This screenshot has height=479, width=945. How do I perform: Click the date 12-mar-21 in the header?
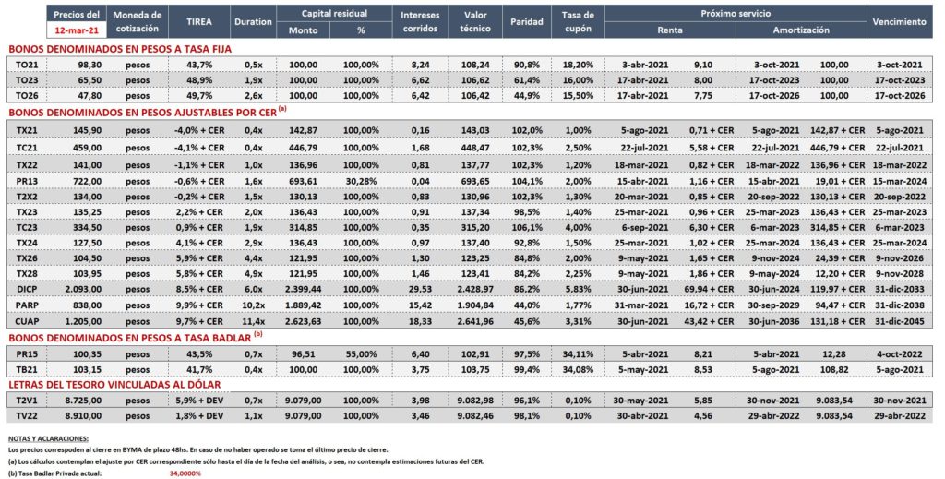tap(76, 29)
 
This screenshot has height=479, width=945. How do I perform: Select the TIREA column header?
tap(199, 22)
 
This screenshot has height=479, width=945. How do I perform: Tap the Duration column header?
tap(253, 22)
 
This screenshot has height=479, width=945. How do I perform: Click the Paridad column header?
tap(527, 22)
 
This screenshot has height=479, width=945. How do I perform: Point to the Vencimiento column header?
tap(899, 22)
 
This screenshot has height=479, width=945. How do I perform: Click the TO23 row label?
tap(27, 80)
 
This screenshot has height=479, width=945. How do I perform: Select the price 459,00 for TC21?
tap(87, 148)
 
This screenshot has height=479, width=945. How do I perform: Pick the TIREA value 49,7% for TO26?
tap(199, 96)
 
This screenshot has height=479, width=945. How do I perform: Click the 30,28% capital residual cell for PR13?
tap(361, 182)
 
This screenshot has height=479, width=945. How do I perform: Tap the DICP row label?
tap(27, 289)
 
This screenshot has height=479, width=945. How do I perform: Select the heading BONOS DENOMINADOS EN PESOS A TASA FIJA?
tap(119, 50)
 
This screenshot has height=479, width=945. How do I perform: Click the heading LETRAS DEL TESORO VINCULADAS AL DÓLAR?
tap(114, 385)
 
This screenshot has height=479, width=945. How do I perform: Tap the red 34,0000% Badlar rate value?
tap(185, 473)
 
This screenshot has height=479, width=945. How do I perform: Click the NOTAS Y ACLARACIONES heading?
tap(48, 438)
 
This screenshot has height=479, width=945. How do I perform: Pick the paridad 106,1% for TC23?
tap(527, 228)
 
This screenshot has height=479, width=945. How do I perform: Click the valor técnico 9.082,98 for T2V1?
tap(475, 400)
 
